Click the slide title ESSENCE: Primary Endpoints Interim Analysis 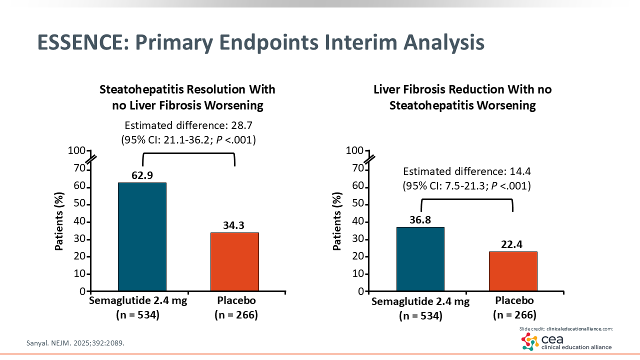click(x=260, y=43)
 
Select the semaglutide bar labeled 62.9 click(x=142, y=236)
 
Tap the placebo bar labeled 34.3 click(x=234, y=261)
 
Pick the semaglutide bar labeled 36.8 click(x=420, y=259)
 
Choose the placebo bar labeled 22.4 click(x=513, y=271)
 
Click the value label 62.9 click(x=142, y=175)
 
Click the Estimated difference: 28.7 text click(x=188, y=125)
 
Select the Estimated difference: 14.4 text click(x=467, y=171)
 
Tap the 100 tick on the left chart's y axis click(x=77, y=150)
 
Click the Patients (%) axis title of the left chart click(x=59, y=221)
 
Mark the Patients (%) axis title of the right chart click(x=337, y=221)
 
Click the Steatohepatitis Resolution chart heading click(x=187, y=97)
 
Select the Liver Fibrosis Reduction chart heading click(x=462, y=97)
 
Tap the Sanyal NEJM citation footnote click(x=75, y=343)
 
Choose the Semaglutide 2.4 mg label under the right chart click(x=420, y=301)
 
